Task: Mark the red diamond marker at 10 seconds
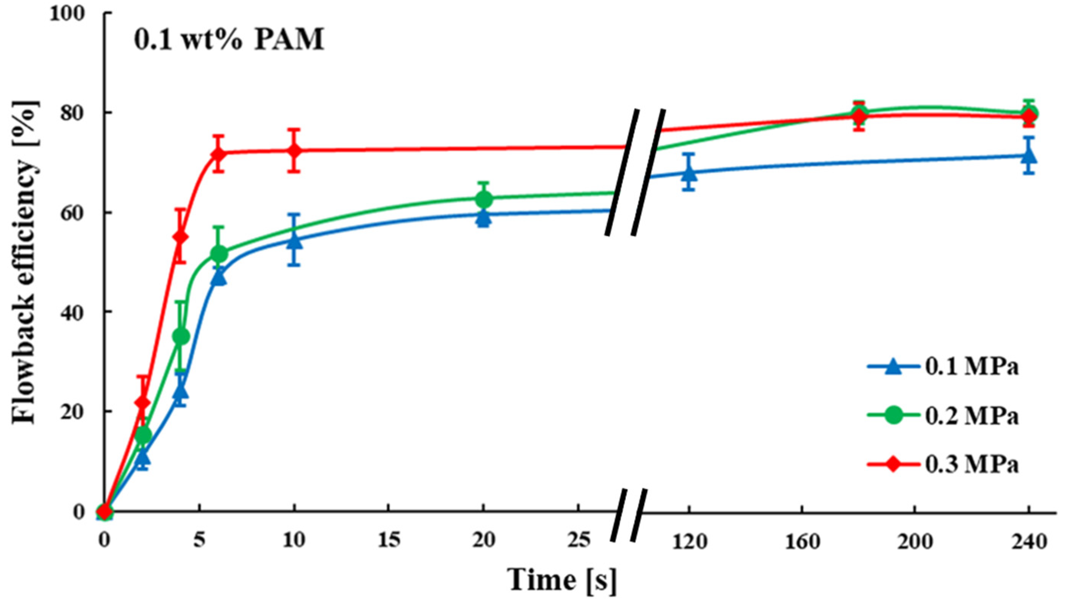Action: pos(294,151)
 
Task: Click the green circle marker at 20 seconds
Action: pos(483,200)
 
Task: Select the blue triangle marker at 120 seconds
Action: pos(689,173)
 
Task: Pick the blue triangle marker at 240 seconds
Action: pos(1029,156)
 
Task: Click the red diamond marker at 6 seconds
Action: pos(219,154)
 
